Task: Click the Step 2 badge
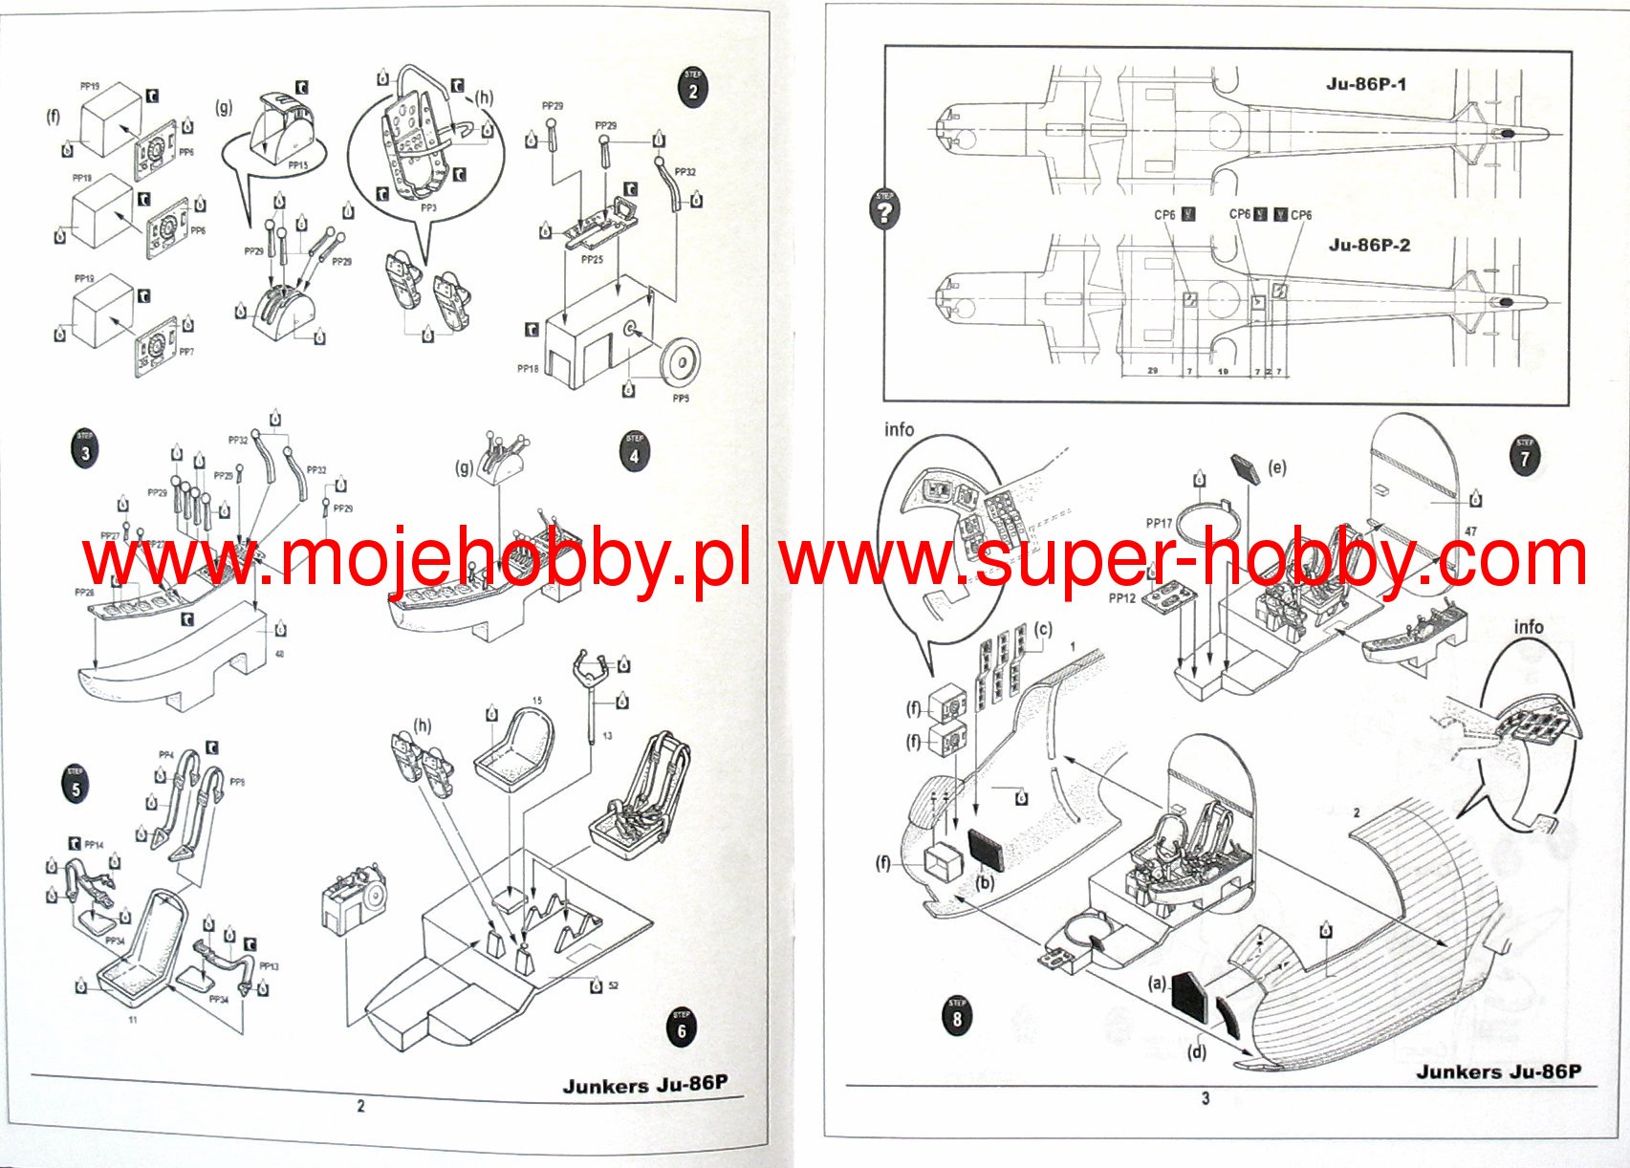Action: coord(692,88)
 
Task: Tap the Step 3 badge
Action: coord(85,448)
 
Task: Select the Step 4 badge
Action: coord(634,452)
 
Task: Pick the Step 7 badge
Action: coord(1524,454)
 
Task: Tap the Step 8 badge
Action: coord(957,1015)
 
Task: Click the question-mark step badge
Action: coord(885,209)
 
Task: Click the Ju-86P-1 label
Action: coord(1365,84)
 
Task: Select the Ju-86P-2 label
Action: coord(1369,245)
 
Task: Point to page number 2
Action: coord(360,1106)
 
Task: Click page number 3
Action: coord(1206,1098)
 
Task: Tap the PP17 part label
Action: coord(1159,523)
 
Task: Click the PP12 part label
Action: coord(1122,598)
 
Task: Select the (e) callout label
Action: coord(1276,467)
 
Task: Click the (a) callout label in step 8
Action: coord(1157,982)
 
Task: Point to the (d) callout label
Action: coord(1196,1052)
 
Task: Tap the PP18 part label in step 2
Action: coord(528,368)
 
